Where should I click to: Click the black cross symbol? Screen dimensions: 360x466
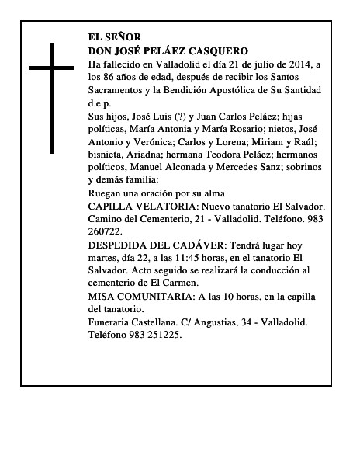tap(53, 97)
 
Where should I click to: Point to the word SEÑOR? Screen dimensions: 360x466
tap(126, 37)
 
